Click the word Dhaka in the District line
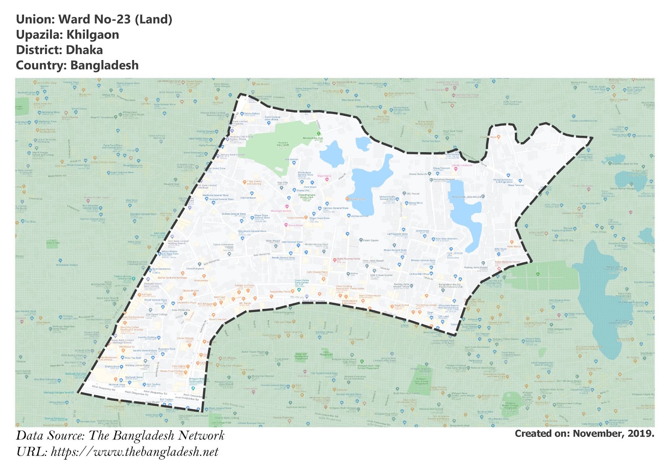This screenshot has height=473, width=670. (84, 50)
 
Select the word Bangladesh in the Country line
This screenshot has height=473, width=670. (104, 66)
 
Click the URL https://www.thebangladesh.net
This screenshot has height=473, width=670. (134, 452)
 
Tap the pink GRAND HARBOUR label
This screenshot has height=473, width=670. (462, 166)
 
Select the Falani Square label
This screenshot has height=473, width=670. (371, 240)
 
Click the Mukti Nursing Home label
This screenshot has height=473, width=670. (348, 259)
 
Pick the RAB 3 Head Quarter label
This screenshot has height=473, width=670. (381, 275)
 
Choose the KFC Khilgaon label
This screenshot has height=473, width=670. (205, 304)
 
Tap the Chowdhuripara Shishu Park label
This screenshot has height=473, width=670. (307, 196)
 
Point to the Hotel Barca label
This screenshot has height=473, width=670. (514, 246)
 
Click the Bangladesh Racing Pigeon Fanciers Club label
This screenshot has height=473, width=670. (451, 286)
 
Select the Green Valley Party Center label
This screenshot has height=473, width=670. (301, 282)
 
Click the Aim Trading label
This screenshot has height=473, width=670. (153, 384)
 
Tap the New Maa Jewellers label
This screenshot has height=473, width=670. (446, 239)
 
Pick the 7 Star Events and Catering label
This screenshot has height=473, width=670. (254, 183)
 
